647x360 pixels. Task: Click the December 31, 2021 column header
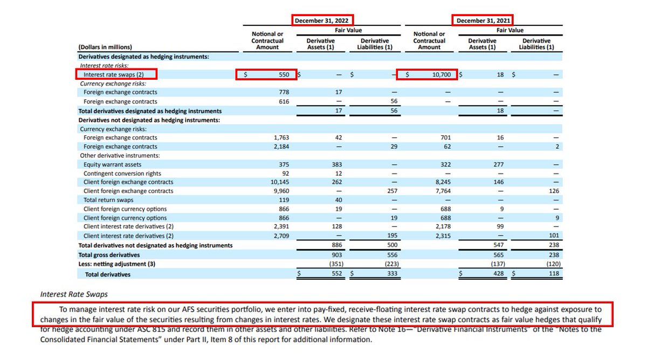482,20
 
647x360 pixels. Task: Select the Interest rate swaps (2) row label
113,74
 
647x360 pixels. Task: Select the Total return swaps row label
106,200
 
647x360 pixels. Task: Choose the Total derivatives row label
107,274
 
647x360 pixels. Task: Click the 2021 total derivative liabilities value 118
554,274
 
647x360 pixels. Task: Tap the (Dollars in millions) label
105,47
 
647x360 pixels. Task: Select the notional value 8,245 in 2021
436,182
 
